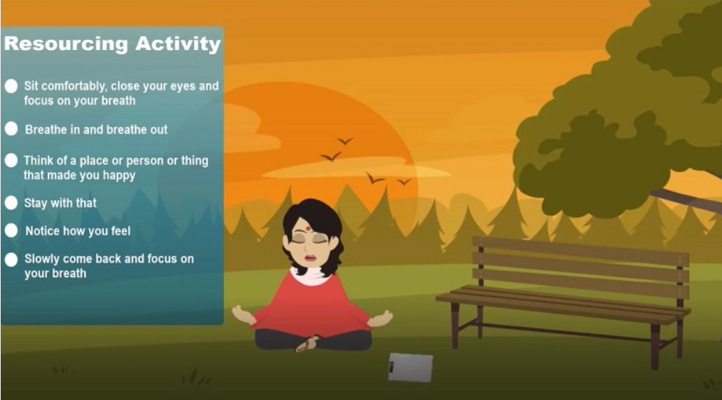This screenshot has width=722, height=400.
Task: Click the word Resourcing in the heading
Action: pos(66,44)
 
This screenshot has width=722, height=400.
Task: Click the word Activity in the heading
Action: pos(178,44)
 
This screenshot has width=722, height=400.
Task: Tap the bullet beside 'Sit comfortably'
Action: pos(11,86)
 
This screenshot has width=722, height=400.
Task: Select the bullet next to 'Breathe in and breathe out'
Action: pos(11,129)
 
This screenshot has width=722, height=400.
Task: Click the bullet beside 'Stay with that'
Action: pos(11,203)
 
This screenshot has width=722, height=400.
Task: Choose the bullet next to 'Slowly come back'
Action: pos(11,260)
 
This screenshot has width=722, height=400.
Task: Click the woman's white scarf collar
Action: pos(310,276)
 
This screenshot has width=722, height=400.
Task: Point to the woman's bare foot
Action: pos(307,344)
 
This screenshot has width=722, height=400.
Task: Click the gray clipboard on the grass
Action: pos(410,367)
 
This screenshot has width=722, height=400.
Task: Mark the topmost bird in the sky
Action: pos(345,140)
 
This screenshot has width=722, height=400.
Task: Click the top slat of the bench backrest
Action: pos(580,251)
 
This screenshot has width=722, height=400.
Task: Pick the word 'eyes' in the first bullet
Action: pos(183,87)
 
